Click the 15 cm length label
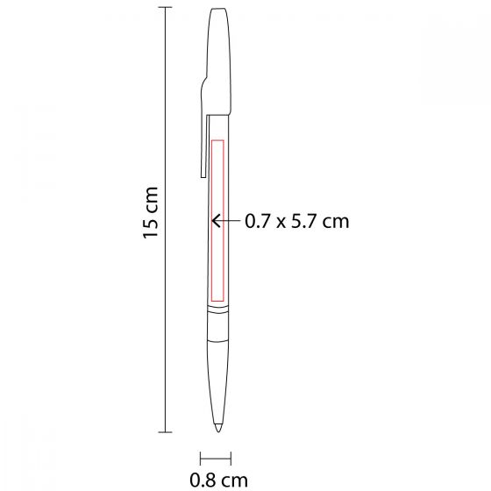click(151, 212)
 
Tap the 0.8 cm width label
click(218, 480)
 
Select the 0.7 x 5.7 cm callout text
click(297, 221)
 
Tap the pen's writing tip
click(218, 428)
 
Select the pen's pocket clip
click(203, 138)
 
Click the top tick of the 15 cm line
click(166, 7)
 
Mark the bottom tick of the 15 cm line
click(166, 432)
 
